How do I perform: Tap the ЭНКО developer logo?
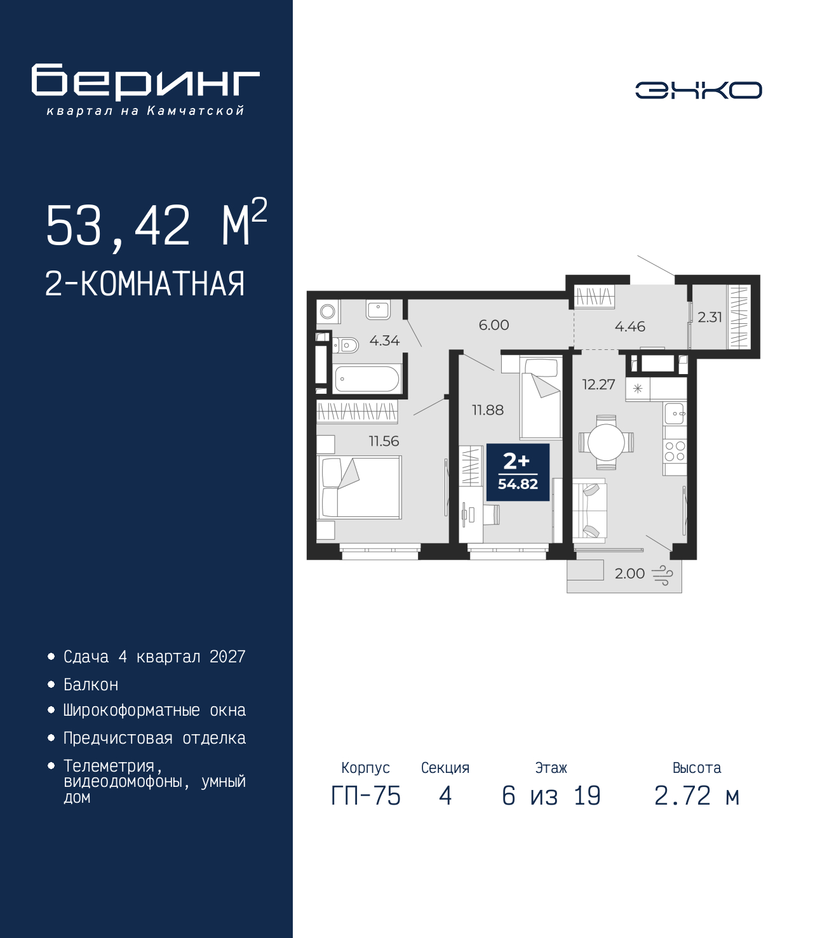coord(698,90)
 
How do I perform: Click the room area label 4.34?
coord(384,341)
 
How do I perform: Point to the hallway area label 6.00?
coord(494,325)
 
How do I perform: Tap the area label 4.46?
coord(629,326)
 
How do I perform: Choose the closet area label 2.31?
coord(709,317)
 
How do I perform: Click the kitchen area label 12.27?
coord(599,384)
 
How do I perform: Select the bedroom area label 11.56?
coord(384,441)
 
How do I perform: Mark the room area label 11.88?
coord(488,410)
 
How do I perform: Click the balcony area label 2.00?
coord(629,573)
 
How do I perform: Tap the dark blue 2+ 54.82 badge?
coord(518,472)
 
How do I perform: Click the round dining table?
coord(606,442)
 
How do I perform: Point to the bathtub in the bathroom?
coord(366,379)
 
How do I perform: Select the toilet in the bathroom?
coord(346,345)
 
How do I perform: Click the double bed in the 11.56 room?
coord(359,488)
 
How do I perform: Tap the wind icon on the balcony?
coord(662,575)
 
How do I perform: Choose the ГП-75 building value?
coord(366,796)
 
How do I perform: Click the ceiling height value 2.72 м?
coord(697,796)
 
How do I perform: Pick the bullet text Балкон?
coord(91,685)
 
